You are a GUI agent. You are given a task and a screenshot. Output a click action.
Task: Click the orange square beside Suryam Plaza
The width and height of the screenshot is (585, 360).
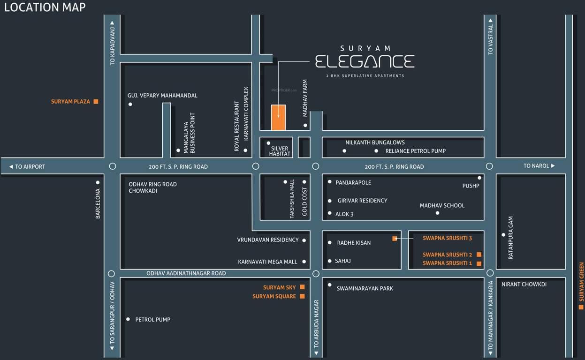(x=96, y=101)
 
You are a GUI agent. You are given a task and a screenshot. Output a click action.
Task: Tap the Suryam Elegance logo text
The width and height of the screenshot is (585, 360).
(x=365, y=61)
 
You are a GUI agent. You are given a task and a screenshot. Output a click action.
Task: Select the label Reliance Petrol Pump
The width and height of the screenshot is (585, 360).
(x=415, y=151)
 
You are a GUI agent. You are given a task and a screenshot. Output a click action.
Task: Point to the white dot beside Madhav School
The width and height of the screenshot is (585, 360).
(x=437, y=213)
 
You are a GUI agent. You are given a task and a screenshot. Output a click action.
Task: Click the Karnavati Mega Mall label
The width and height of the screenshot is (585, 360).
(x=267, y=262)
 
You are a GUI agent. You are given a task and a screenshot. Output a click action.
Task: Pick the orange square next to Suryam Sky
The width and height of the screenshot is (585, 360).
(x=302, y=287)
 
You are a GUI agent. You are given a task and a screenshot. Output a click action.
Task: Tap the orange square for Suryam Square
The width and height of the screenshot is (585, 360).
(x=302, y=296)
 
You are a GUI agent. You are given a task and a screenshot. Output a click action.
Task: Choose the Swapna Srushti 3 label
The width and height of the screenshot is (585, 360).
(x=447, y=238)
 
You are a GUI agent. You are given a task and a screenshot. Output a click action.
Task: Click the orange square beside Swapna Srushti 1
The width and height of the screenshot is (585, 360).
(x=479, y=263)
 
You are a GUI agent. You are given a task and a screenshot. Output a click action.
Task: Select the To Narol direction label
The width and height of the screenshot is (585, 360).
(x=539, y=165)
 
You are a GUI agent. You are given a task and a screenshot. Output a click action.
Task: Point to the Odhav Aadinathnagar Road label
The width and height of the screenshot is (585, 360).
(x=186, y=273)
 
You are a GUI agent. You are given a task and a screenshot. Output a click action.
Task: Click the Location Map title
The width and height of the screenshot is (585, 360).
(x=45, y=7)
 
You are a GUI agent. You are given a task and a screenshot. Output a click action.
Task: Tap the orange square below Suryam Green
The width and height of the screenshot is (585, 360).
(x=581, y=307)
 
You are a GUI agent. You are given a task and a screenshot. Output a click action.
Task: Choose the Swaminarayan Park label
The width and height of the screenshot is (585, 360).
(x=365, y=288)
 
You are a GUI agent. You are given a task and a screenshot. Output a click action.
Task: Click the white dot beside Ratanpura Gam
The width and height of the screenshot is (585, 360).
(x=503, y=235)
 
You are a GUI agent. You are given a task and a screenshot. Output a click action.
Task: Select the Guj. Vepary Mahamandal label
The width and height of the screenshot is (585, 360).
(x=162, y=95)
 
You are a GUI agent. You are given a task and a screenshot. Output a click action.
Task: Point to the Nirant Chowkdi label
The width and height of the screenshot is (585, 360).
(x=524, y=284)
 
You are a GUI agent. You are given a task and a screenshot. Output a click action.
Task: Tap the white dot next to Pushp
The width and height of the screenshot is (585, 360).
(x=479, y=178)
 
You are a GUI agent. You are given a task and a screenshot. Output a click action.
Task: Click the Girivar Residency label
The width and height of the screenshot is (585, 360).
(x=362, y=201)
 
